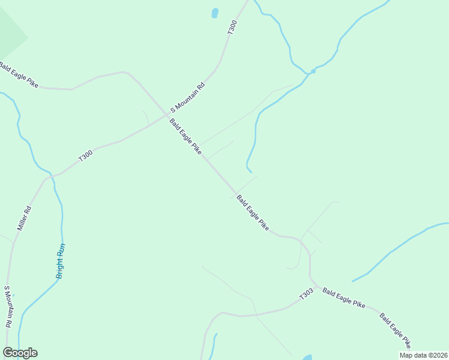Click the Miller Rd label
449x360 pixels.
(x=24, y=219)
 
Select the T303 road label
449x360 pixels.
(x=306, y=295)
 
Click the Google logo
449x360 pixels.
(x=20, y=353)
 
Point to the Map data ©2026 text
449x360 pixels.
(x=423, y=355)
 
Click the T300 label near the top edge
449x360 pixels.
(x=232, y=27)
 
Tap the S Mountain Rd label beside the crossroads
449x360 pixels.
(x=188, y=98)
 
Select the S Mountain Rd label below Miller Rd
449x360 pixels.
(x=8, y=306)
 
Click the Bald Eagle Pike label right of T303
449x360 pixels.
(x=343, y=298)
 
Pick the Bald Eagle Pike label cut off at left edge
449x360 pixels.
(x=18, y=74)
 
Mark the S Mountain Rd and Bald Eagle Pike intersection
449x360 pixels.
(x=167, y=114)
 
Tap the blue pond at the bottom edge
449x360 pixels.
(x=307, y=358)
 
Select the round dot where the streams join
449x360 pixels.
(x=313, y=71)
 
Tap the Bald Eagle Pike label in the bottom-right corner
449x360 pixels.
(x=395, y=330)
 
